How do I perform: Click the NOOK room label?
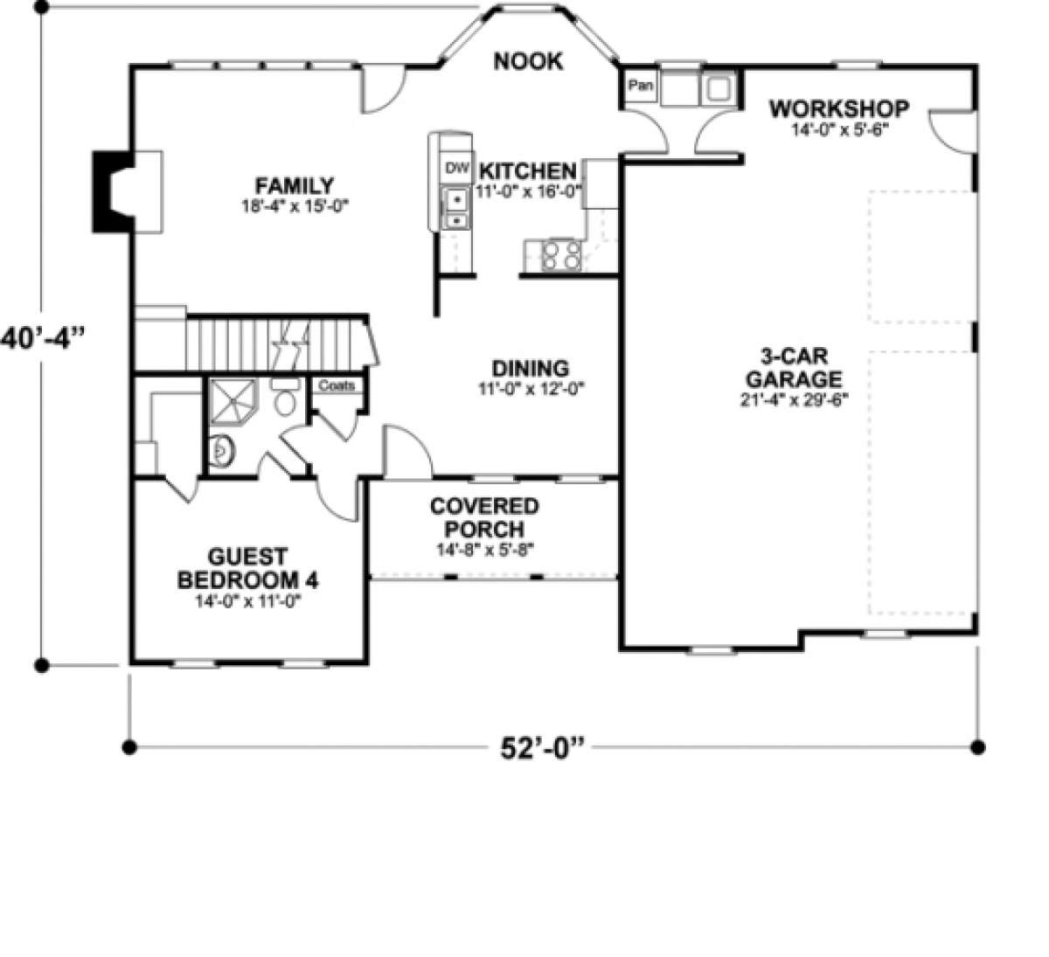click(x=528, y=61)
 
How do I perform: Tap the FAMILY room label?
click(x=294, y=186)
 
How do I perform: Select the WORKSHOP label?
click(x=838, y=109)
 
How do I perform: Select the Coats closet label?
click(x=336, y=385)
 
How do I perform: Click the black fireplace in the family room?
click(x=109, y=191)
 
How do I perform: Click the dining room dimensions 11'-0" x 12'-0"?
click(x=530, y=389)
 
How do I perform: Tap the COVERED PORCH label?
click(x=484, y=518)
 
